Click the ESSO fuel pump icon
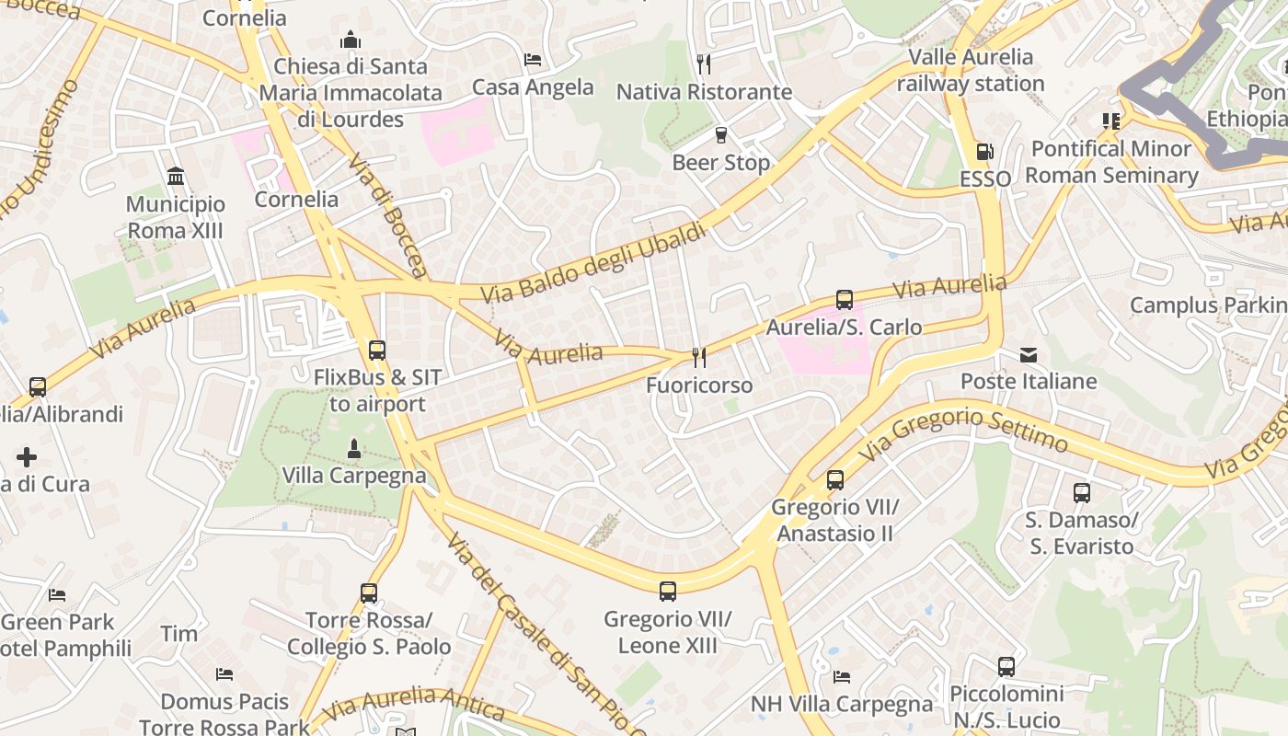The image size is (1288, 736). [984, 152]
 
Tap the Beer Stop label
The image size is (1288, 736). [720, 163]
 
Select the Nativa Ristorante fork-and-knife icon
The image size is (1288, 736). [704, 63]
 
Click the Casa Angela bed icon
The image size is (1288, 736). [532, 60]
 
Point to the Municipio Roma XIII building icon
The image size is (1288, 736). [175, 176]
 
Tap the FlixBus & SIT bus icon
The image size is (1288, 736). [376, 350]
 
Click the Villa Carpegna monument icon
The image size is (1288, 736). [353, 449]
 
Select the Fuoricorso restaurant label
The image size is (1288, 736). [699, 385]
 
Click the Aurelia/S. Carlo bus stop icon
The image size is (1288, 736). [844, 299]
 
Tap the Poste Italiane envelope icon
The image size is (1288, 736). [1028, 354]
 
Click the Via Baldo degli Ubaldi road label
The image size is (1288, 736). [594, 263]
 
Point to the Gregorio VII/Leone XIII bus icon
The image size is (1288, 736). [667, 591]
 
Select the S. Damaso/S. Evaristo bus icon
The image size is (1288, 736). [1081, 492]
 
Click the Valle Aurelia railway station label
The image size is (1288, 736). [971, 70]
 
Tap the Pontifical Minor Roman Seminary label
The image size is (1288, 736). [1111, 162]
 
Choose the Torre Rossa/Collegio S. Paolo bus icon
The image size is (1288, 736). [368, 593]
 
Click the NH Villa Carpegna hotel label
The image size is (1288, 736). [842, 705]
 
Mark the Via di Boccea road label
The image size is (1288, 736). [388, 215]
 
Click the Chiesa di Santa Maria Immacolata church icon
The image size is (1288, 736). [350, 40]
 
